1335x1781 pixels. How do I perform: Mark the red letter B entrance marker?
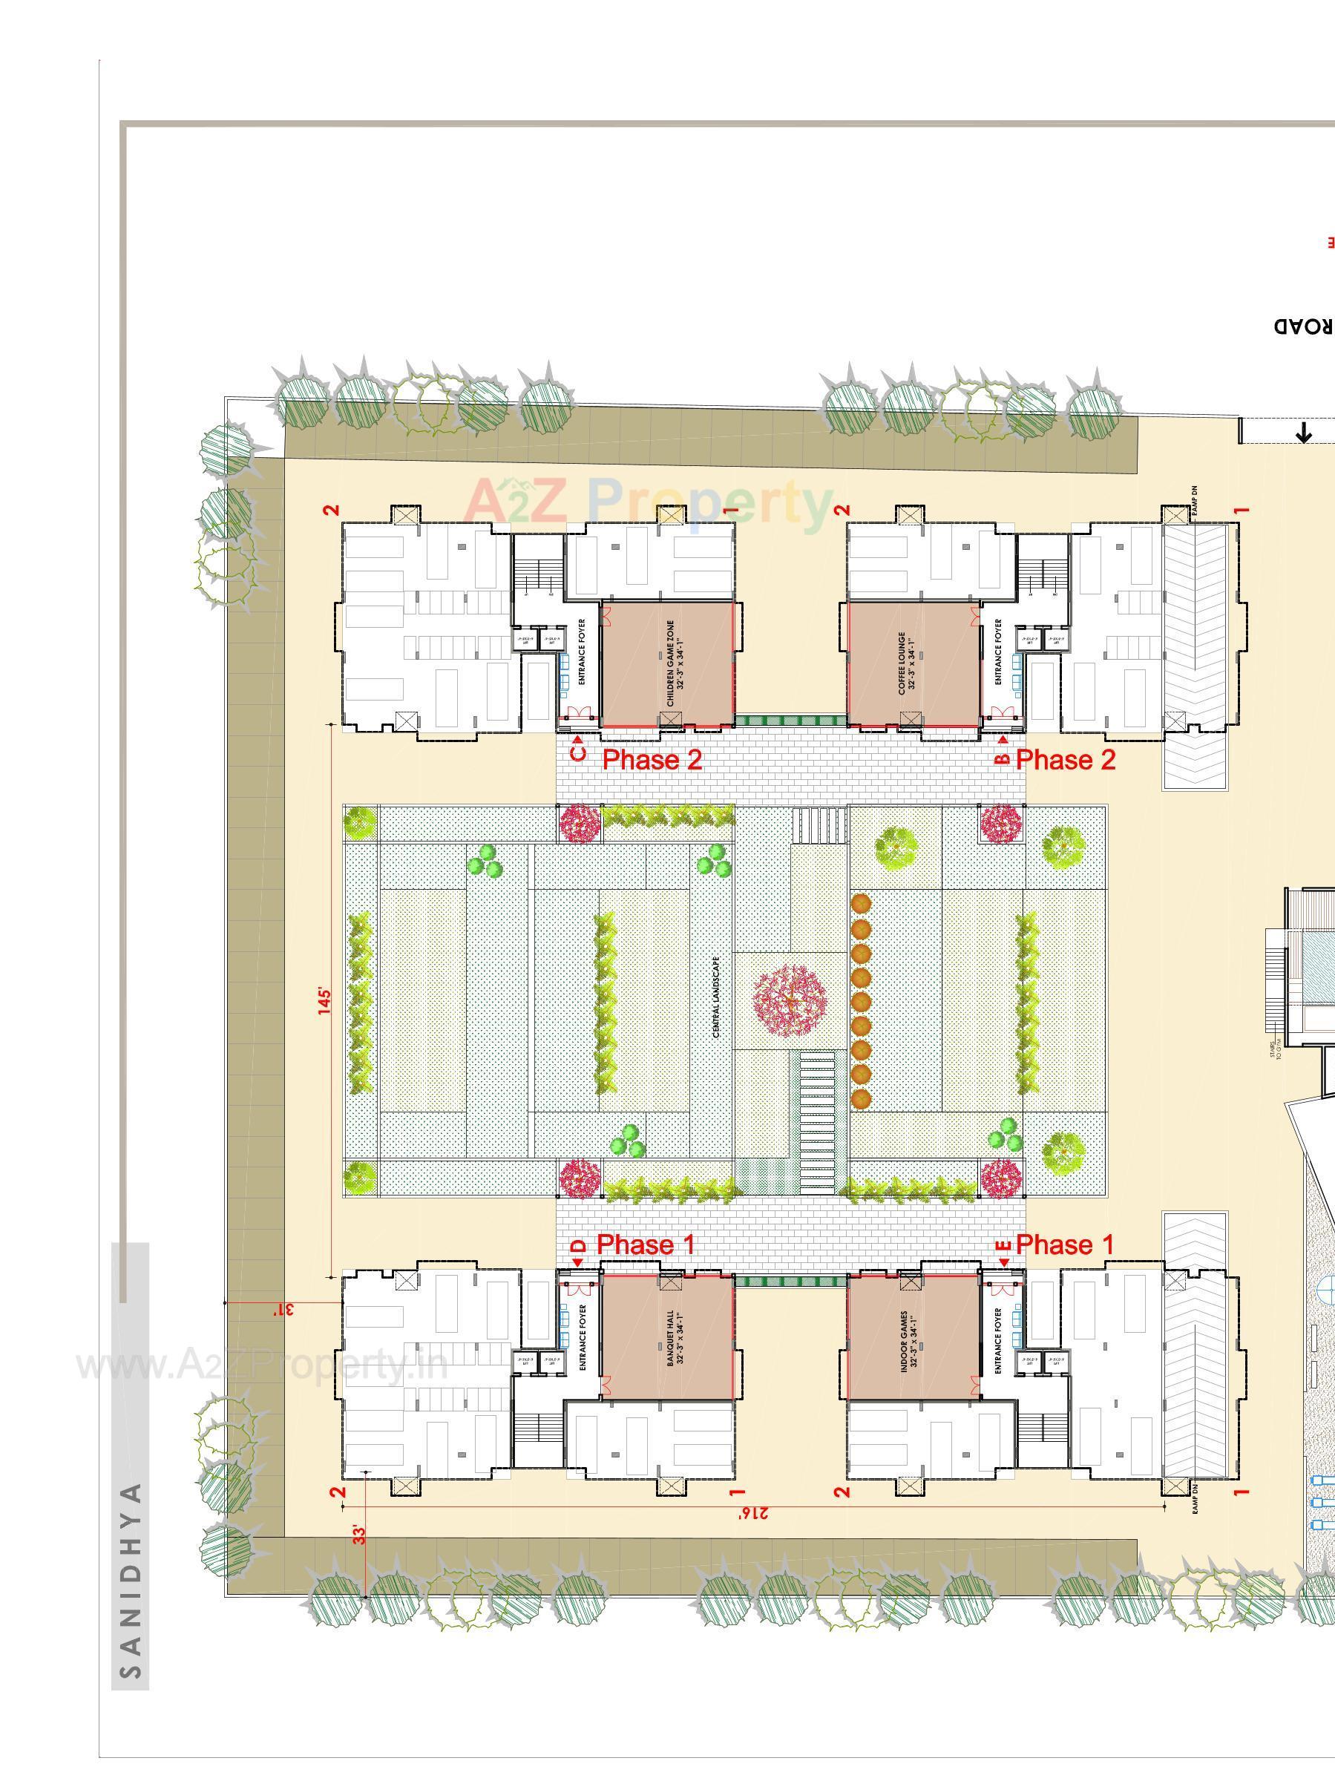1003,758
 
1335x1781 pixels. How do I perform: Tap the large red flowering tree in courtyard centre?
789,1001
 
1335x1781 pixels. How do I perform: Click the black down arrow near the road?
1302,434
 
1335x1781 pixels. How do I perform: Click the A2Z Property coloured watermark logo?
648,501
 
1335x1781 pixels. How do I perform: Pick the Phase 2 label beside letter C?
652,759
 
